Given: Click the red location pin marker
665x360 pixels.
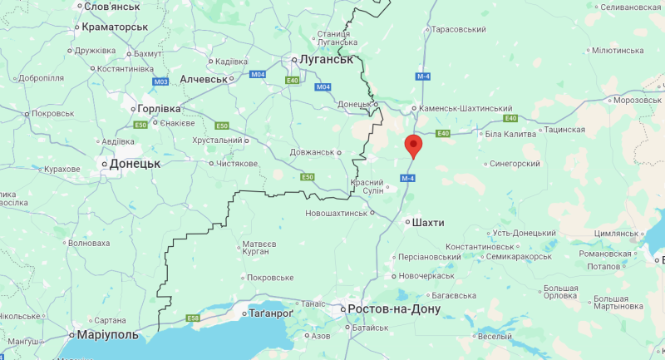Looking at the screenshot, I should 413,145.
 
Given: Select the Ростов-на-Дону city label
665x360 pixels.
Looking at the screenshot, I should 393,309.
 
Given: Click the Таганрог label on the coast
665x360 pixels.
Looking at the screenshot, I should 272,314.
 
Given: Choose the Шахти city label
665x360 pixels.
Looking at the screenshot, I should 428,223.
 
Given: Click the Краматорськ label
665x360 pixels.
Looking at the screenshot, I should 114,27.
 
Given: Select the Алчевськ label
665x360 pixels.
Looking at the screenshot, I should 204,78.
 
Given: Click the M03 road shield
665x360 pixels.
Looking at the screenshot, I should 161,81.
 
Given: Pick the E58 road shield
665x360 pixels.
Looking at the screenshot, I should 194,318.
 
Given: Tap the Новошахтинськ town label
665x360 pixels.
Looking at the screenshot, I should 336,214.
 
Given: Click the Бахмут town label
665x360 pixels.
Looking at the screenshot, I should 148,54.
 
